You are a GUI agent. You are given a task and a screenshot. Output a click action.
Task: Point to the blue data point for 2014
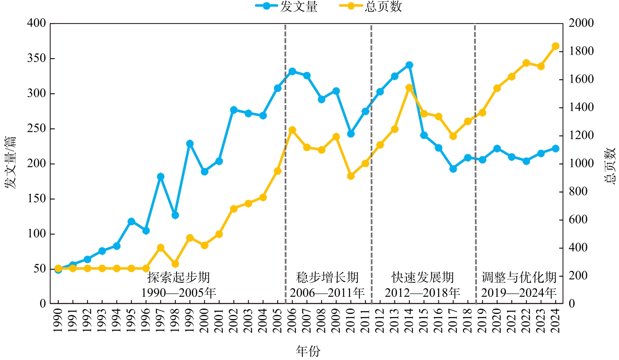point(409,65)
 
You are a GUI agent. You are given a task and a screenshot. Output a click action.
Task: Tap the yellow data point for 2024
point(555,46)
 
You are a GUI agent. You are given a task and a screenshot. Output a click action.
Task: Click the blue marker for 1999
point(190,144)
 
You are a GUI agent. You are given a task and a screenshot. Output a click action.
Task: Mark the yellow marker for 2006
point(292,130)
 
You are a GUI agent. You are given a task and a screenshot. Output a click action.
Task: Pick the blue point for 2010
point(351,134)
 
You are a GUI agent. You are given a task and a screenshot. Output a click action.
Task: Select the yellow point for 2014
point(409,87)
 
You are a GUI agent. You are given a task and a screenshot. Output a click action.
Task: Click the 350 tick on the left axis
point(36,58)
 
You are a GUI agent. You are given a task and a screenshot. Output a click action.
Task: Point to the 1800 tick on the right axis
point(581,51)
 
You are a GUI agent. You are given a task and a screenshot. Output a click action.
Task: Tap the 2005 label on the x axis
point(278,321)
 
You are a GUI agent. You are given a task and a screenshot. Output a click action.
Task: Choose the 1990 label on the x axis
point(58,321)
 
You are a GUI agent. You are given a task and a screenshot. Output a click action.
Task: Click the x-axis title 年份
point(308,351)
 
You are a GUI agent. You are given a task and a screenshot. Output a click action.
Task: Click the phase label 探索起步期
point(179,277)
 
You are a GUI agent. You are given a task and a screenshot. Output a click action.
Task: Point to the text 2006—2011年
point(327,292)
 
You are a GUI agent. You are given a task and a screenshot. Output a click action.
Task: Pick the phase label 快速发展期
point(423,277)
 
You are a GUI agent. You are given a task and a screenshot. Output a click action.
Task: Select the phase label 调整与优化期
point(519,277)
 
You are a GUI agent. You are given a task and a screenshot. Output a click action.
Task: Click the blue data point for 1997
point(161,177)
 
